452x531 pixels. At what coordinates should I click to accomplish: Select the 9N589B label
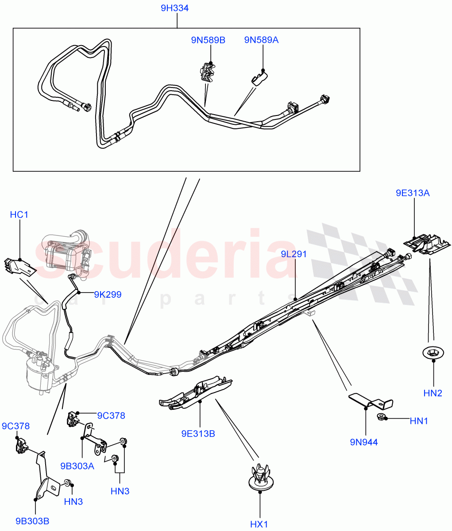208,40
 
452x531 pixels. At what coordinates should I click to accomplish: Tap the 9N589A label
261,40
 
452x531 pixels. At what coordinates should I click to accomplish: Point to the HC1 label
19,215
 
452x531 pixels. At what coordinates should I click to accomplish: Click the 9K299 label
108,294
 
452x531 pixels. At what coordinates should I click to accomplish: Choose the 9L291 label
294,254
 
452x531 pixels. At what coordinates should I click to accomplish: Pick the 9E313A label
413,193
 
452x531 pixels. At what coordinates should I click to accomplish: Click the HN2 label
433,392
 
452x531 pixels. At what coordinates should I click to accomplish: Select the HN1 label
419,421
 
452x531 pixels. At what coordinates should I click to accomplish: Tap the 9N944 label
363,442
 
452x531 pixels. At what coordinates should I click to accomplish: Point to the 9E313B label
198,434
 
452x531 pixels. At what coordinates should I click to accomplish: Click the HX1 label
259,524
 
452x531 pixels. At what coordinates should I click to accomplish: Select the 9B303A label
77,465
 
